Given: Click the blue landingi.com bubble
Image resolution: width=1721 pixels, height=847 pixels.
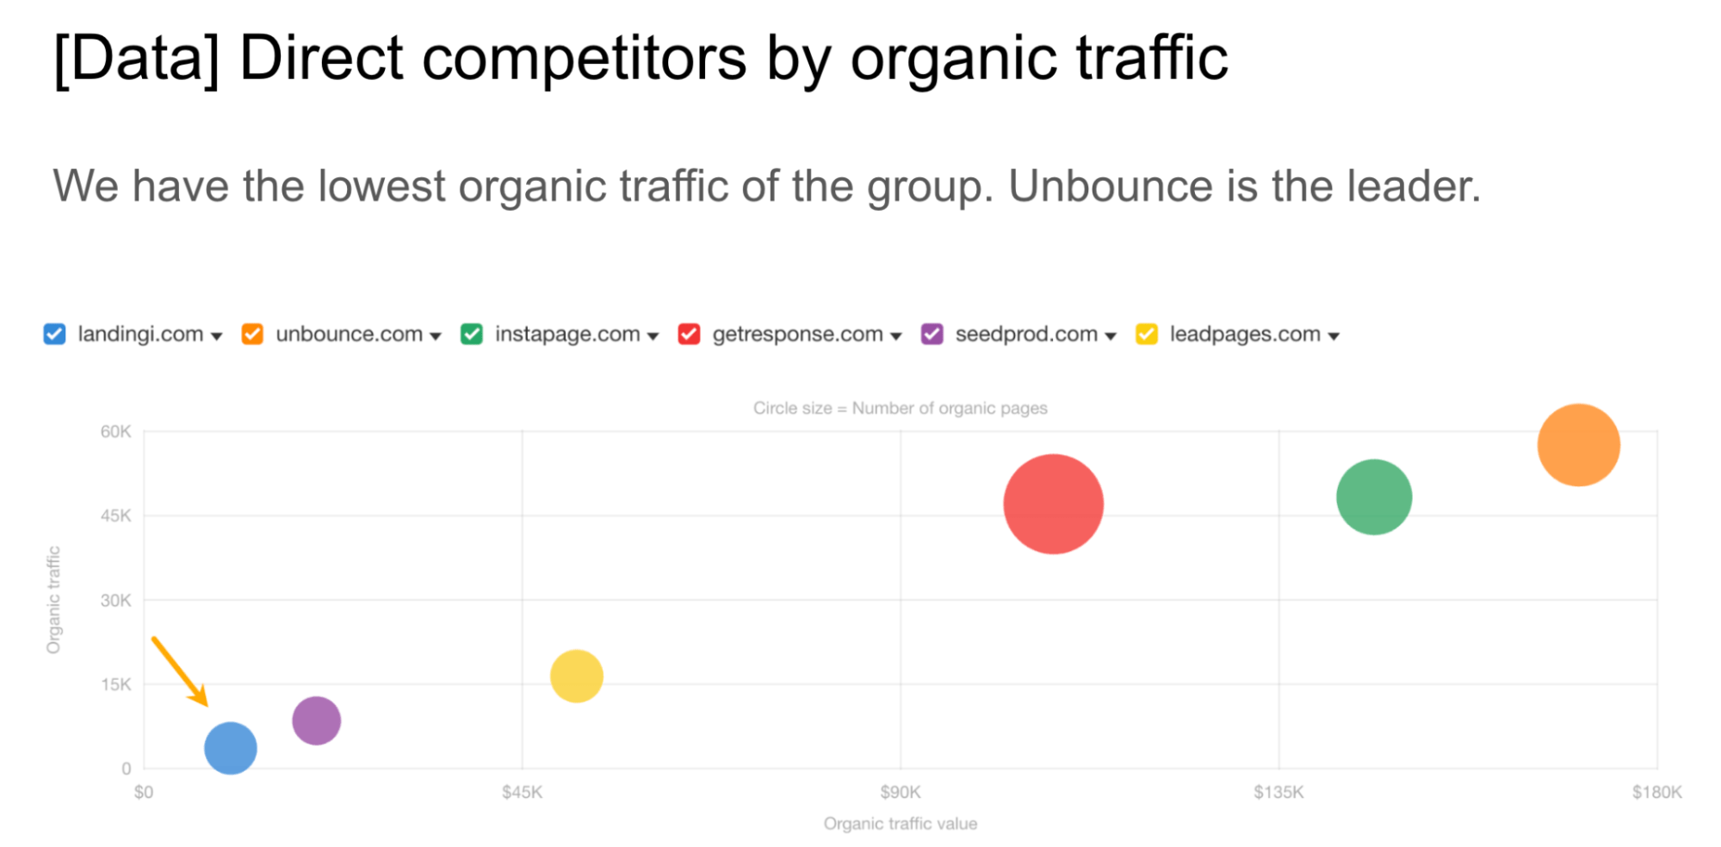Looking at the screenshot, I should [230, 748].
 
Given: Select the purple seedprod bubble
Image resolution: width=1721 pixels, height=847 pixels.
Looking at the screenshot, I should [316, 720].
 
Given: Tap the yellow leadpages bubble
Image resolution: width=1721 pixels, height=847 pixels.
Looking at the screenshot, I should [576, 676].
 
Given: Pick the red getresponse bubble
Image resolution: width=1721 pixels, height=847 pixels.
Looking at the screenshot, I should [1053, 504].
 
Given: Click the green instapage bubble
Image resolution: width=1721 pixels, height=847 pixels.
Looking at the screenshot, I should [1373, 497].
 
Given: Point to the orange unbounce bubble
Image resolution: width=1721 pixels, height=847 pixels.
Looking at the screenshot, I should [1578, 445].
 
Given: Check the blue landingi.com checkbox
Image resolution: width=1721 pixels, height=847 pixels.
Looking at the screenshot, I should [54, 334].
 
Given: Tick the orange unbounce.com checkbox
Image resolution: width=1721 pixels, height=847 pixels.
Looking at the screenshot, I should [252, 334].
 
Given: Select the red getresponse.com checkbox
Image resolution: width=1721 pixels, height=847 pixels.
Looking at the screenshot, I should [689, 334].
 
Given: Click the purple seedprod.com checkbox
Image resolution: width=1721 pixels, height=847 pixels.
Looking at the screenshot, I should [932, 334].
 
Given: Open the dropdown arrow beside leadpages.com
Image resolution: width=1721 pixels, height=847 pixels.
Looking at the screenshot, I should [1334, 336].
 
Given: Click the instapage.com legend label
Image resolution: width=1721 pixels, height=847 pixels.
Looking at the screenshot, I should [567, 334].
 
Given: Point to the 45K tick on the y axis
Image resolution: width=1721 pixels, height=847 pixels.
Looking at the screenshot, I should [115, 516].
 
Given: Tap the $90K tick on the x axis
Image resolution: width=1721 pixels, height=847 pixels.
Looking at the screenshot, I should [900, 792].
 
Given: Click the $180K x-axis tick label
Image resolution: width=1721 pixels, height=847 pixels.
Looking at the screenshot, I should [1656, 792].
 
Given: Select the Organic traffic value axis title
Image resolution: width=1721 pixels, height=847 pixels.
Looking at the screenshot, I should [900, 824].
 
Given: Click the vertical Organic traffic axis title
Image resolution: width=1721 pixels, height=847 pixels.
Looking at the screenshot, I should [53, 600].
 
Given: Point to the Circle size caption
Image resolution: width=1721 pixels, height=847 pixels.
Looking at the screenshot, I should [900, 408].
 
